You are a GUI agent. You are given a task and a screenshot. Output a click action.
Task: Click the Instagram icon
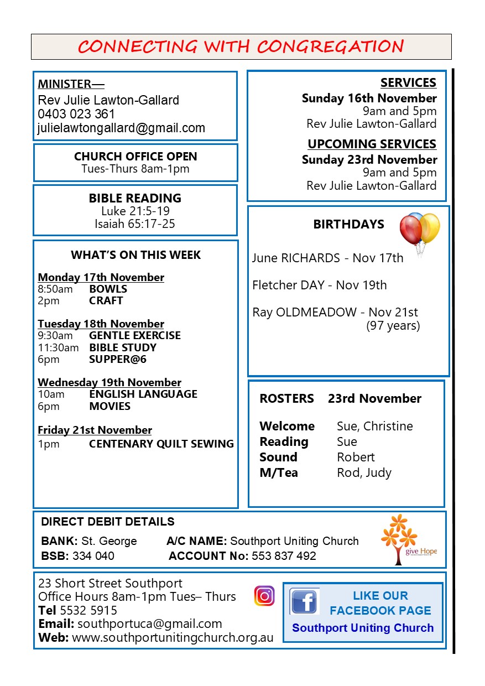coord(264,596)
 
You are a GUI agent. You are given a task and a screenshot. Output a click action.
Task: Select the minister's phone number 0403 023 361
coord(76,114)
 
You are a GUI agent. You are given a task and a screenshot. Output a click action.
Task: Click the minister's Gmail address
coord(121,128)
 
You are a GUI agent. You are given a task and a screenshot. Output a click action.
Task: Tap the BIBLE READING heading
coord(135,198)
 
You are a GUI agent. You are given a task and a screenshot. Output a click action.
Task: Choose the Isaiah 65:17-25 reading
coord(135,224)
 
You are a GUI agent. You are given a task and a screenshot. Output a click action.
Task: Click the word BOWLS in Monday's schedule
coord(108,289)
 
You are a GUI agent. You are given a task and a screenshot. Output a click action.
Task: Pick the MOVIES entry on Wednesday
coord(109,406)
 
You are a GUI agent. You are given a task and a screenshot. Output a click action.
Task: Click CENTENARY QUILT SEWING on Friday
coord(161,444)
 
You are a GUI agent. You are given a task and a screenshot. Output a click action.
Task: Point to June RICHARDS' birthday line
coord(327,258)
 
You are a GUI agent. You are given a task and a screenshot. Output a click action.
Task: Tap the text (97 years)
coord(393,326)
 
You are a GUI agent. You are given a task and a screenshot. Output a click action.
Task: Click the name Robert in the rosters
coord(356,457)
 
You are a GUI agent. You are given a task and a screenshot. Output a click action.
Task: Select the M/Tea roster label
coord(278,472)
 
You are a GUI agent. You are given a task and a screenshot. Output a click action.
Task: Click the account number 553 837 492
coord(284,556)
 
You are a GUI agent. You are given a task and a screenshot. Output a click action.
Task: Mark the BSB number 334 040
coord(93,556)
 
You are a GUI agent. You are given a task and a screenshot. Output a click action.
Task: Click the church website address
coord(173,637)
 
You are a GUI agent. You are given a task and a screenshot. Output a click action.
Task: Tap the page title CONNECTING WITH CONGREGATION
coord(241,46)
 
